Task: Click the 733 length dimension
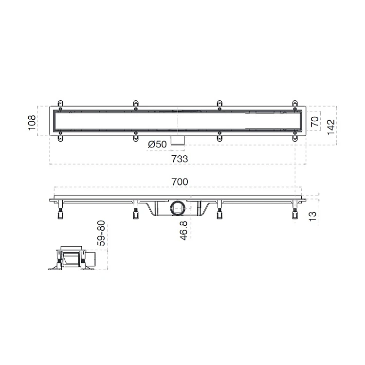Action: point(180,159)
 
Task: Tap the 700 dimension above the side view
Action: point(180,182)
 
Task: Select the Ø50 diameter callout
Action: point(157,145)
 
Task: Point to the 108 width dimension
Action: point(32,123)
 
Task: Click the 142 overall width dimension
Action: point(331,127)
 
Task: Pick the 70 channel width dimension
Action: point(315,122)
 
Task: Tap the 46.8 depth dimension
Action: point(183,231)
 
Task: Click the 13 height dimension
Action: point(312,216)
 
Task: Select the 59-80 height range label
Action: point(101,233)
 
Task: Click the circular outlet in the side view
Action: point(178,208)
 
